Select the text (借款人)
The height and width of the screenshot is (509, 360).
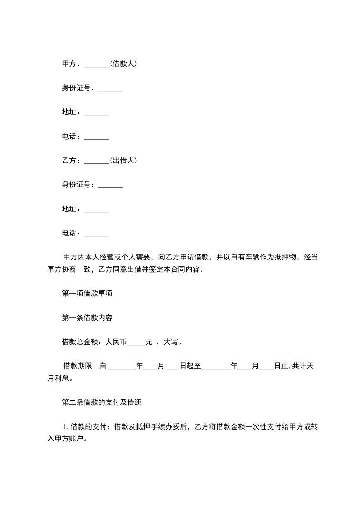[x=123, y=64]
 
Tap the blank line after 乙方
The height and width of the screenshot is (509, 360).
[x=96, y=162]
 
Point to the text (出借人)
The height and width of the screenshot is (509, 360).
[x=123, y=161]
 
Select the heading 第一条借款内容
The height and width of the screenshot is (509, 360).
[x=87, y=318]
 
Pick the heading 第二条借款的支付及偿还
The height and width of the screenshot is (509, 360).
[x=103, y=402]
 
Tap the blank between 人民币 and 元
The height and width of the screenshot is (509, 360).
[x=136, y=343]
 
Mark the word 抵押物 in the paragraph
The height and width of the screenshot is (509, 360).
[x=284, y=257]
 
